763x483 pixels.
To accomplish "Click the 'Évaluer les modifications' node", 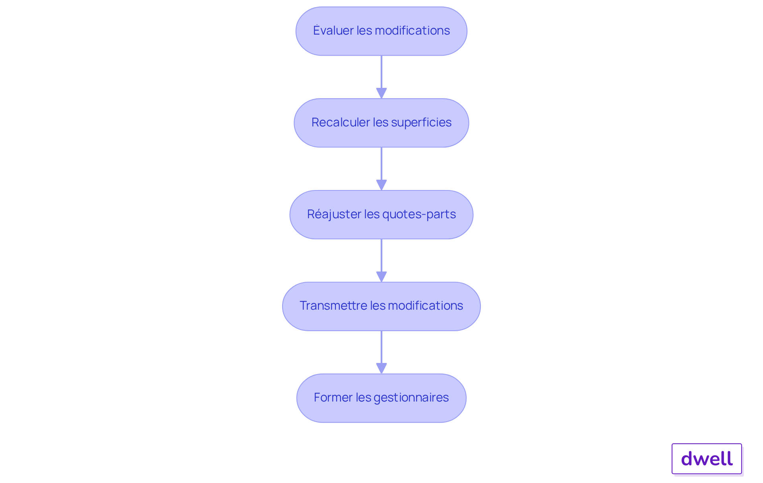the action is [381, 31].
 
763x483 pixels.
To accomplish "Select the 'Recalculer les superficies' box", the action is [381, 123].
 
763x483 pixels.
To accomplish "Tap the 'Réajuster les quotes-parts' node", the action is [381, 215].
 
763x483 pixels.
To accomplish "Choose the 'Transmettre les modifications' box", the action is [381, 306].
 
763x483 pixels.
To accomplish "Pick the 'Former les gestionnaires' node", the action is [381, 398].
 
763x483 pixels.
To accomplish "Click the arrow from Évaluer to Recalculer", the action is [381, 77].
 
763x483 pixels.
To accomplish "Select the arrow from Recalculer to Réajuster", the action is [381, 169].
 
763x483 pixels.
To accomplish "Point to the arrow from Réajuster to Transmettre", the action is [381, 261].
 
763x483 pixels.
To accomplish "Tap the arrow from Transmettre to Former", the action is [381, 352].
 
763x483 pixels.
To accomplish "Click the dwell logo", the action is [707, 459].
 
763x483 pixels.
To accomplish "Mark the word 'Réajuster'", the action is [334, 214].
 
